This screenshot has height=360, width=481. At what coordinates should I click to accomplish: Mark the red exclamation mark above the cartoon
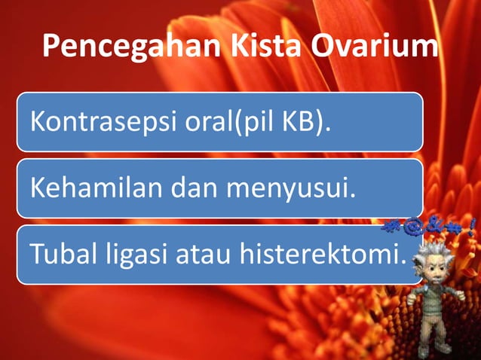pyautogui.click(x=471, y=224)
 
